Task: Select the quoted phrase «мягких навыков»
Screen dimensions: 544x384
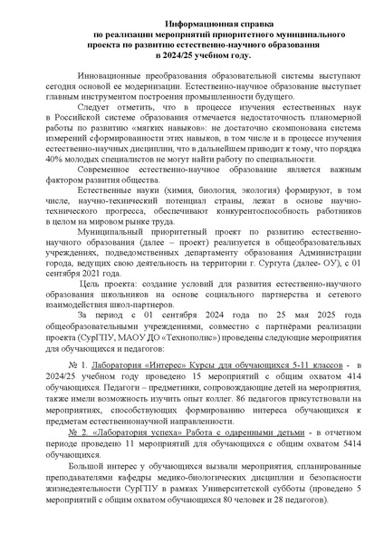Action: [x=150, y=134]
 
